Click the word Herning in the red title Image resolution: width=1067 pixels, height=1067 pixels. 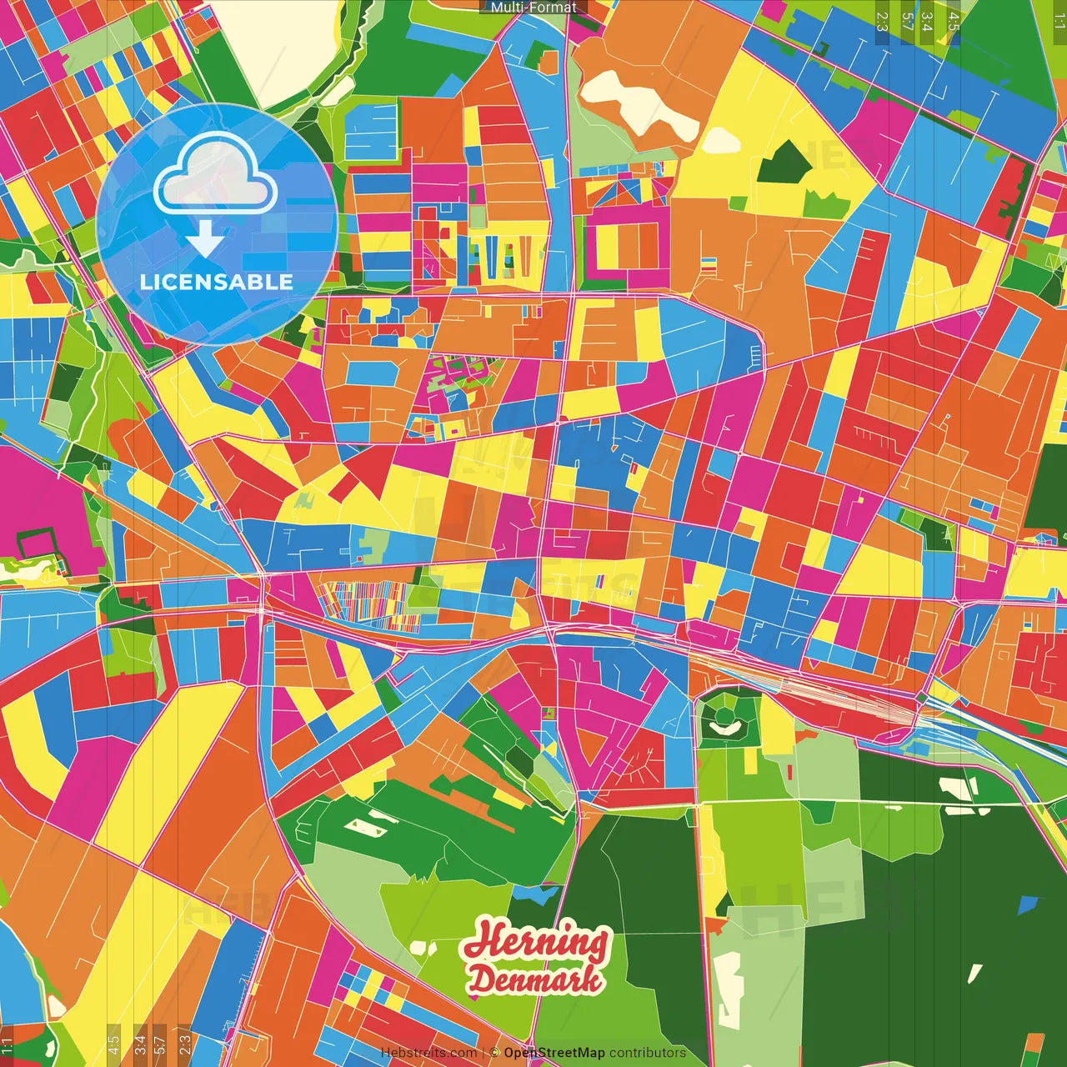pos(536,942)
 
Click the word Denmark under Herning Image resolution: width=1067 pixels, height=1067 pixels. pos(534,979)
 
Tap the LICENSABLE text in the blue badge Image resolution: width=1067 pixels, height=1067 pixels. pos(217,282)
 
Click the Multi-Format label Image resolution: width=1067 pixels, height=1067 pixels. pos(533,8)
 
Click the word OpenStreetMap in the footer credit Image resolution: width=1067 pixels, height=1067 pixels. pos(554,1053)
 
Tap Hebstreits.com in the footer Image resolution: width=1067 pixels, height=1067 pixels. pos(428,1053)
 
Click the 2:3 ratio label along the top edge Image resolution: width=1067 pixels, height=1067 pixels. pos(882,21)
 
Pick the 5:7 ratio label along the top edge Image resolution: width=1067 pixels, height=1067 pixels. pos(907,21)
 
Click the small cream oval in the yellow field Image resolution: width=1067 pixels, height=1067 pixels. pos(721,140)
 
